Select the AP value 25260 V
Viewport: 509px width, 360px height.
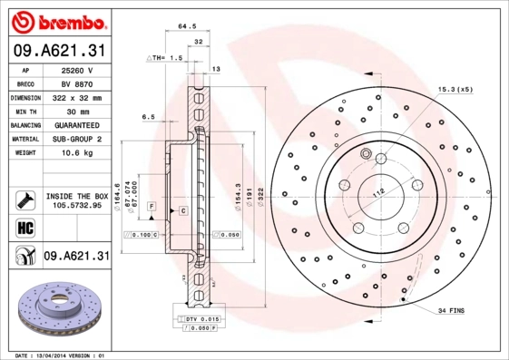pyautogui.click(x=77, y=70)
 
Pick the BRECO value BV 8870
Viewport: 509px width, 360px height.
pyautogui.click(x=77, y=83)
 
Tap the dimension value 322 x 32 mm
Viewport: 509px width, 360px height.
pyautogui.click(x=78, y=97)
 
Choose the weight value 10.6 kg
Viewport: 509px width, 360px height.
pyautogui.click(x=77, y=153)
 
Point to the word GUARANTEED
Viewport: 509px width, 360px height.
pyautogui.click(x=77, y=125)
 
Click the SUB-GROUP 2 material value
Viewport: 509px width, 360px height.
pyautogui.click(x=77, y=139)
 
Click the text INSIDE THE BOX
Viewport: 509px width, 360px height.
pyautogui.click(x=77, y=196)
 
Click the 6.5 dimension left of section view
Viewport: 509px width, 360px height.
pyautogui.click(x=149, y=117)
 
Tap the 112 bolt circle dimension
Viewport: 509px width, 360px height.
pyautogui.click(x=378, y=190)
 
